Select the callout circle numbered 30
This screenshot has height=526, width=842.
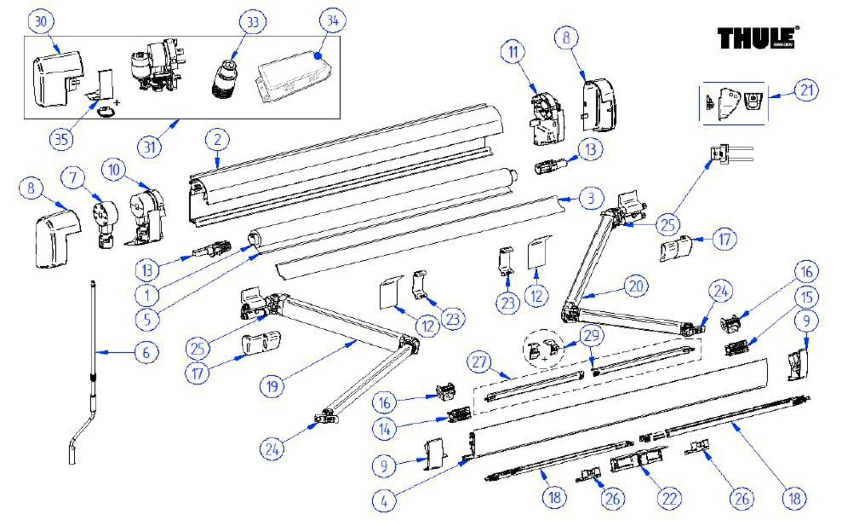41,21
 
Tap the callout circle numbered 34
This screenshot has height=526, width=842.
332,21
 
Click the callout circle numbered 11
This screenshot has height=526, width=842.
513,52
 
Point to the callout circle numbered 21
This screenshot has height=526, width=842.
806,90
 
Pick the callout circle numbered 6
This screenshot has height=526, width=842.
146,353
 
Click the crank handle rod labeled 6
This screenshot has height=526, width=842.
93,351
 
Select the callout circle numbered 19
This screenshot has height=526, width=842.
272,386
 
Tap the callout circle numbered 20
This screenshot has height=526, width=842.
636,287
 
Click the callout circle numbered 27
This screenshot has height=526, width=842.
479,362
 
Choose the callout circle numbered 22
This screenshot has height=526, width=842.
669,498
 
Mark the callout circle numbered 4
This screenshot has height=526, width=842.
384,501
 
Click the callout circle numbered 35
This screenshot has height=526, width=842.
61,140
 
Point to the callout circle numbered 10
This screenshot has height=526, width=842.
114,170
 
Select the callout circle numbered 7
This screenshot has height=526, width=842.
73,178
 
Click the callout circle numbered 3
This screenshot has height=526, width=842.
591,198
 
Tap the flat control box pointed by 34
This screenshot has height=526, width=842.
293,77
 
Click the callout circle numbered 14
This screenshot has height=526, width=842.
385,429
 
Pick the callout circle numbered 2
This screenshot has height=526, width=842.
218,140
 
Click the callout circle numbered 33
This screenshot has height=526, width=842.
253,22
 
